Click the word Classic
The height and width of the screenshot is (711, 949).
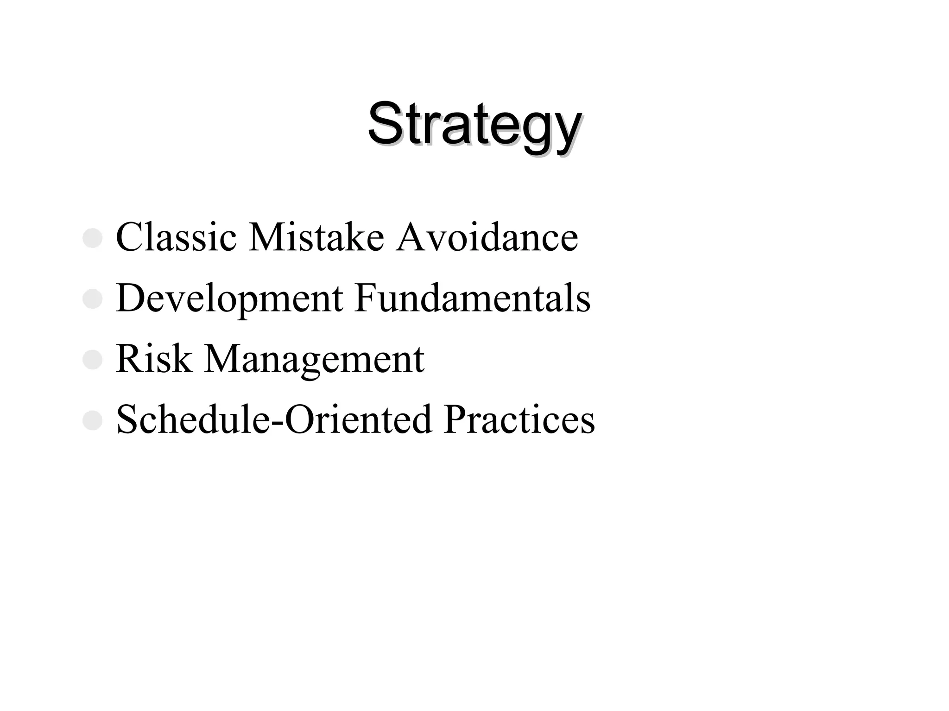click(176, 237)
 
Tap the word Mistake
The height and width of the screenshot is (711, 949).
click(316, 237)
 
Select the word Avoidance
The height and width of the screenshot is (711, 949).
click(487, 237)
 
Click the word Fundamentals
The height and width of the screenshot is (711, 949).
click(472, 298)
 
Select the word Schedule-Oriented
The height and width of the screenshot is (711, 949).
click(274, 419)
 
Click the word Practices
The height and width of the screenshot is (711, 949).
click(519, 419)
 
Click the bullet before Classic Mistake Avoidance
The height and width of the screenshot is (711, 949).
click(92, 239)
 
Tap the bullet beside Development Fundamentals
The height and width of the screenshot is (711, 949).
click(92, 299)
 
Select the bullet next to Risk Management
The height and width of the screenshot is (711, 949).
click(92, 360)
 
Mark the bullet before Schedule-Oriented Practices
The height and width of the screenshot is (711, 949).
click(92, 421)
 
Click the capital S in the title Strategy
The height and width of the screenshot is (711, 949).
click(386, 123)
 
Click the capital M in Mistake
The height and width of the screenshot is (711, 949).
click(267, 237)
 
